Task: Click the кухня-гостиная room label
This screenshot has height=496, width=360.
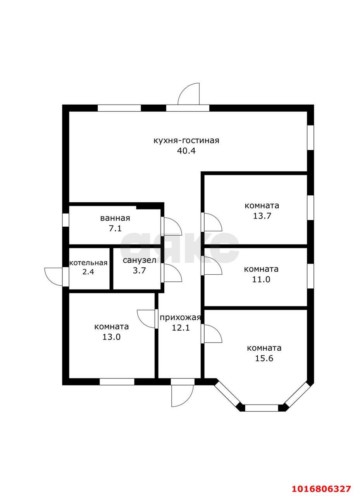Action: [x=186, y=141]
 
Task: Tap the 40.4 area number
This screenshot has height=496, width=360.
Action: [x=186, y=151]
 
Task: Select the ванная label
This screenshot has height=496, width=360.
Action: [x=115, y=218]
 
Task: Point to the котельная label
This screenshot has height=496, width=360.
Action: [x=88, y=263]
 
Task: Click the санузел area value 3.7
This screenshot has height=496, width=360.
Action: [x=139, y=270]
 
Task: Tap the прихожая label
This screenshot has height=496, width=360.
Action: [x=181, y=318]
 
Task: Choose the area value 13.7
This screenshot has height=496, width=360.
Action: [x=262, y=216]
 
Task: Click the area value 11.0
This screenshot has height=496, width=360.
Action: [x=261, y=279]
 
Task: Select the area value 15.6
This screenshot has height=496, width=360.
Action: [x=264, y=358]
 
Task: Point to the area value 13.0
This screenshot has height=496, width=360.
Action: [x=111, y=337]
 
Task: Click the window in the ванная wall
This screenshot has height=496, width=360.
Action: [x=66, y=220]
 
